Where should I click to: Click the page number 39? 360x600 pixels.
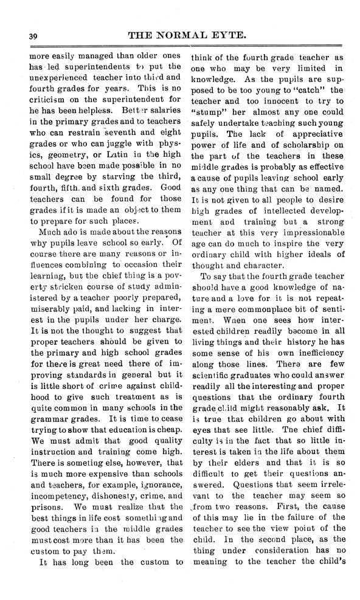[24, 36]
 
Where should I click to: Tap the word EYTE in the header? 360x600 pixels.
[227, 35]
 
